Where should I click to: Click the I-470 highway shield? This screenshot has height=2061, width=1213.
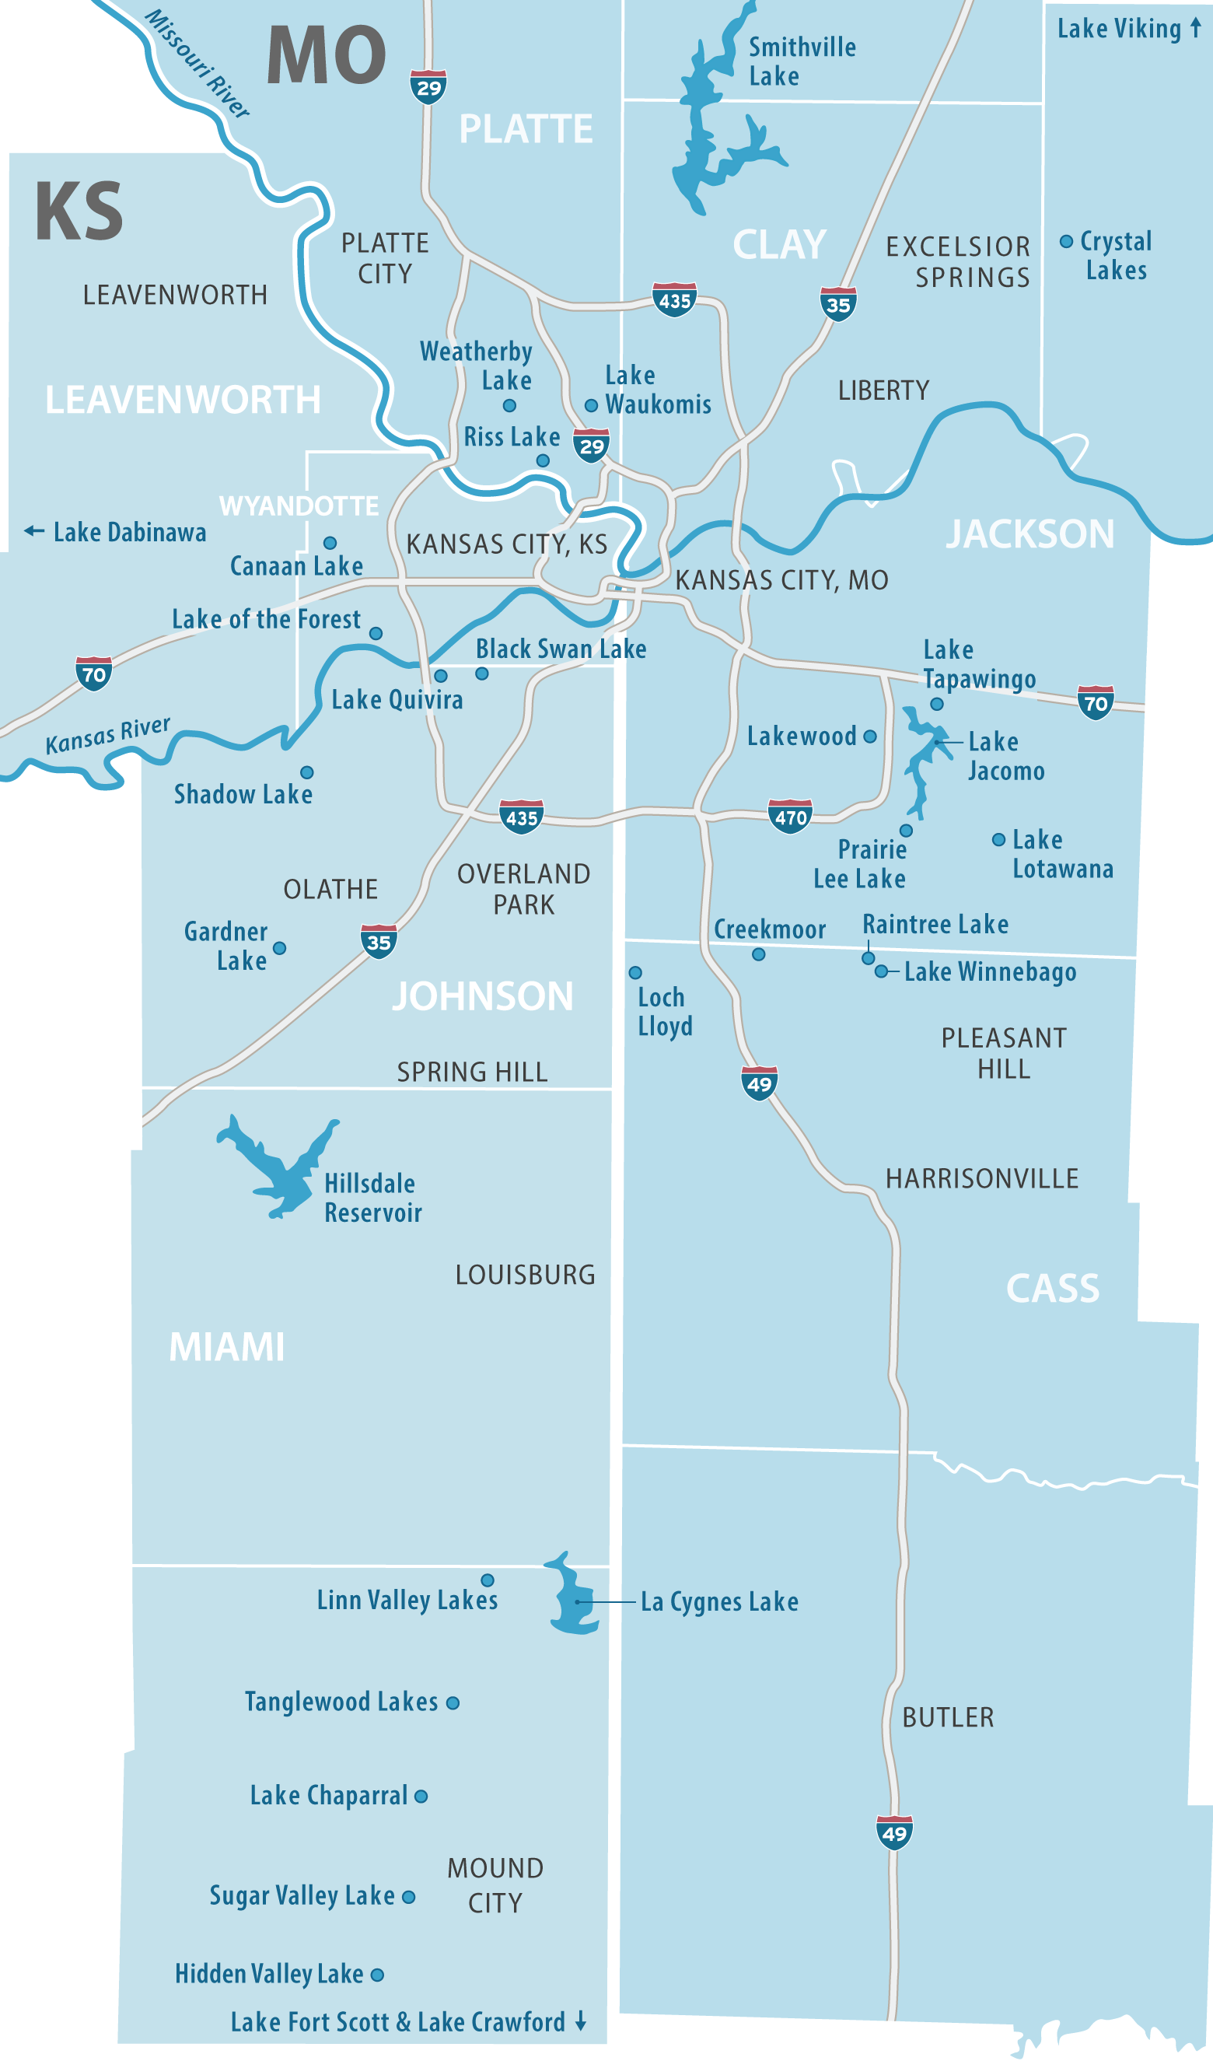click(790, 816)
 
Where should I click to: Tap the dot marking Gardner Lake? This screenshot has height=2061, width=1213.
click(280, 948)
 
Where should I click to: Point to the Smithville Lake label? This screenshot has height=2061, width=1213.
click(802, 61)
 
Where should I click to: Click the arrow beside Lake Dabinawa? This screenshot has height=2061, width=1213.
click(33, 530)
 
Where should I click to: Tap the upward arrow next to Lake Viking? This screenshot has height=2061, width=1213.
click(1196, 28)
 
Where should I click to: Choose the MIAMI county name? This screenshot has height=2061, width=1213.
click(226, 1347)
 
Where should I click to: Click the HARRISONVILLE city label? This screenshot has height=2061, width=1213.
click(981, 1178)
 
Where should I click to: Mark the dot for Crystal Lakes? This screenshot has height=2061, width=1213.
click(1067, 241)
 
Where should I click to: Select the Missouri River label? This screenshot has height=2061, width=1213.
click(198, 64)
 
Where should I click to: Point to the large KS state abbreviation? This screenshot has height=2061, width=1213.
click(79, 212)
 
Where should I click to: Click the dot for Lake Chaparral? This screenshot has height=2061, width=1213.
click(421, 1796)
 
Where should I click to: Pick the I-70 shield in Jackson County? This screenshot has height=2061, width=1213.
click(1096, 702)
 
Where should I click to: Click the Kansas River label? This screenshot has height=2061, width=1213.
click(108, 735)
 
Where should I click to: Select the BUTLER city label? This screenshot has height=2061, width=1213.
click(948, 1717)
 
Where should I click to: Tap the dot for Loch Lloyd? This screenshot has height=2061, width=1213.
click(635, 972)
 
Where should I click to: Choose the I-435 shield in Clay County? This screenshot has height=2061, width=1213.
click(674, 300)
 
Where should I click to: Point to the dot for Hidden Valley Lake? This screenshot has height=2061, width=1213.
click(377, 1975)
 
